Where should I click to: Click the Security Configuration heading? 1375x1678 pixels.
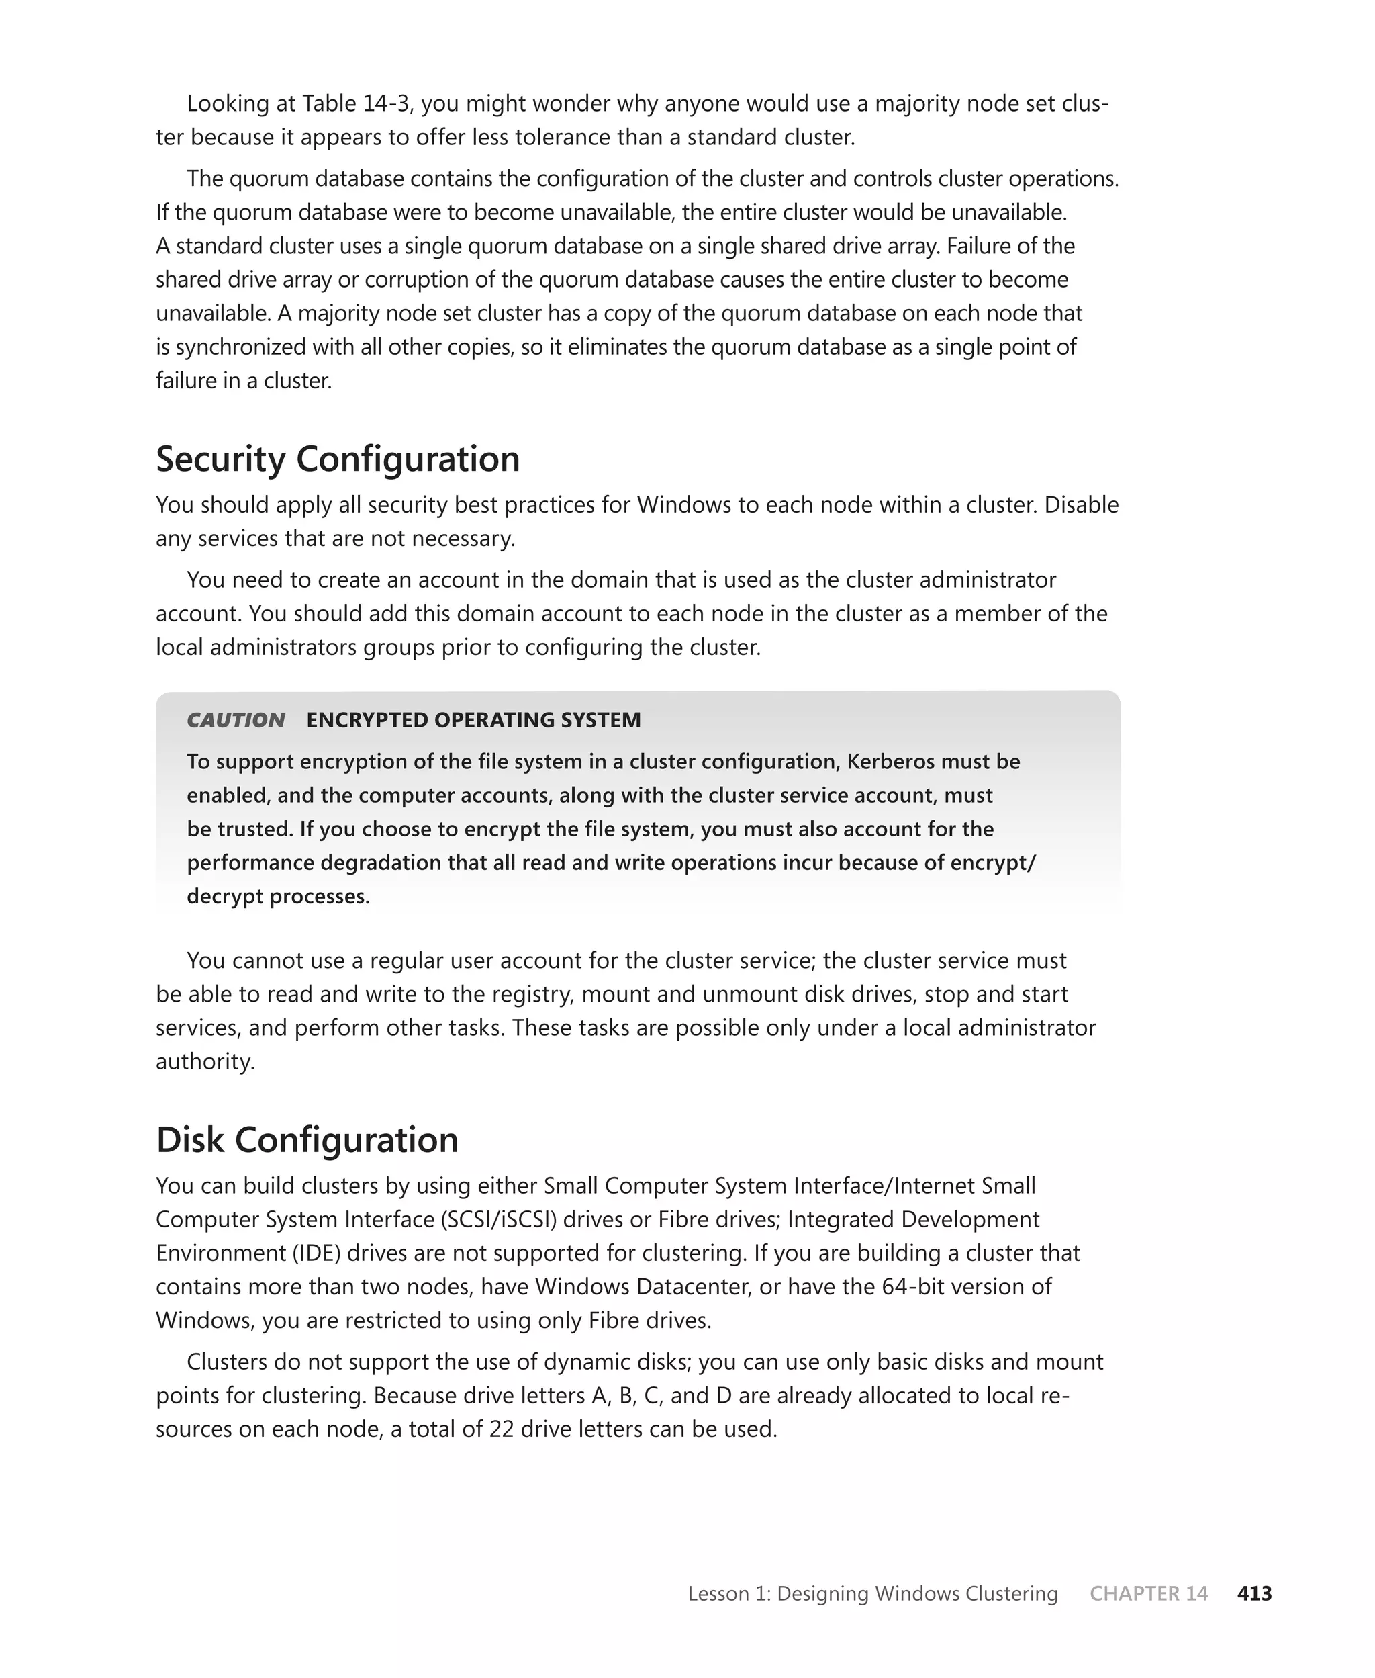338,459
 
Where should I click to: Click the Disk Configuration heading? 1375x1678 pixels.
307,1140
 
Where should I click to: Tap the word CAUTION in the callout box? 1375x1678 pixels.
235,720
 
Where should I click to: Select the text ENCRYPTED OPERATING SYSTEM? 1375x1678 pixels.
473,720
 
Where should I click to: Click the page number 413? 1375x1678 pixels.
1254,1593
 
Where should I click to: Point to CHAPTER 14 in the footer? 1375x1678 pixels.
1149,1593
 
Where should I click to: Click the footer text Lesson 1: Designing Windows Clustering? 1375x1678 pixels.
872,1593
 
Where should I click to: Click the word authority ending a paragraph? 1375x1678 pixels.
204,1061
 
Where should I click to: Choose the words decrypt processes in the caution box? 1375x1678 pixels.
278,896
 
